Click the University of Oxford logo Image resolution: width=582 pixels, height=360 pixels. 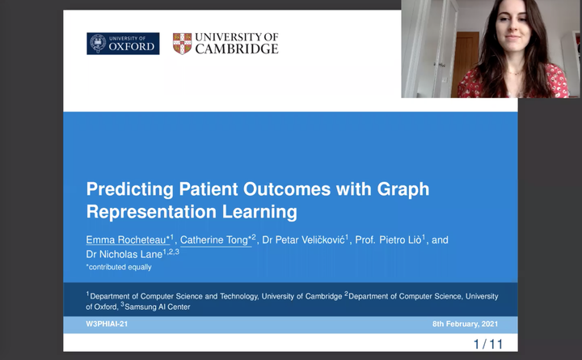click(x=123, y=44)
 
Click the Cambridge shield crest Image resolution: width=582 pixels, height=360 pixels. click(x=182, y=44)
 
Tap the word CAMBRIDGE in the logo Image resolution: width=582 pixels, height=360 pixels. click(x=237, y=49)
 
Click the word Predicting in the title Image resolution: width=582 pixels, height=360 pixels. click(x=130, y=189)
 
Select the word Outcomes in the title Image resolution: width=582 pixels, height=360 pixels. click(x=287, y=188)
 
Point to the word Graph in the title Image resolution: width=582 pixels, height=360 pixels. click(x=403, y=189)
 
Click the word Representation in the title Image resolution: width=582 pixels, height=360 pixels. click(x=151, y=212)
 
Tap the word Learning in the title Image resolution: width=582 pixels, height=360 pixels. click(x=259, y=212)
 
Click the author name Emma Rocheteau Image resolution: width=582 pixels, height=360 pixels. click(x=126, y=239)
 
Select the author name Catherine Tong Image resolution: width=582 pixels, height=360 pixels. click(x=213, y=240)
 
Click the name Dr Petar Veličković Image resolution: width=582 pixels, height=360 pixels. click(x=303, y=239)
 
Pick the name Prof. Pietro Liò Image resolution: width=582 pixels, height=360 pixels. click(x=388, y=239)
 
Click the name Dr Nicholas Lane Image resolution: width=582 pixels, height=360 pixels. click(x=124, y=254)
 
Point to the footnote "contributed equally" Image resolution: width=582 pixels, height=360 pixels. click(x=120, y=267)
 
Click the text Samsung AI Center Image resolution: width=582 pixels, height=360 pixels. click(x=158, y=307)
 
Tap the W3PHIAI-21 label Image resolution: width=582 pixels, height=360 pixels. click(x=107, y=324)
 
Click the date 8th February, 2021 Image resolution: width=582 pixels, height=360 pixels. click(x=465, y=324)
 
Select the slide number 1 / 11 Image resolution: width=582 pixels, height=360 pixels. click(x=487, y=345)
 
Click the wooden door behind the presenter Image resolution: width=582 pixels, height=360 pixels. click(x=465, y=64)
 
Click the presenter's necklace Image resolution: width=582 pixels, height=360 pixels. click(x=514, y=73)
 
